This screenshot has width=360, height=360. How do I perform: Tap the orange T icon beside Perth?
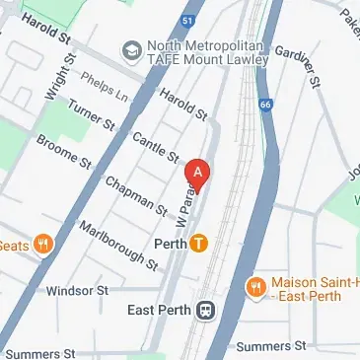199,242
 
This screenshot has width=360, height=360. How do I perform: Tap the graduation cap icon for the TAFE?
130,48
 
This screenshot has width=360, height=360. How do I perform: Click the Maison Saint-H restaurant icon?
254,287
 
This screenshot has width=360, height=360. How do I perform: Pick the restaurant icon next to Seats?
43,245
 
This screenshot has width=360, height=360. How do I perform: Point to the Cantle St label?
154,148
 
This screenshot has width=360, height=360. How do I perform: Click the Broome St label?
62,156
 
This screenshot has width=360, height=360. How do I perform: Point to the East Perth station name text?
162,310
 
